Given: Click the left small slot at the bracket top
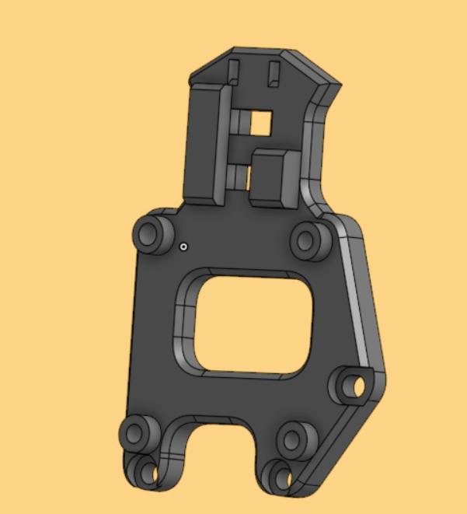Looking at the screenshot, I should [x=232, y=71].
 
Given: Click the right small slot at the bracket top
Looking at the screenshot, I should [x=272, y=73].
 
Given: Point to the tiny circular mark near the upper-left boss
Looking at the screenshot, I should [x=183, y=247].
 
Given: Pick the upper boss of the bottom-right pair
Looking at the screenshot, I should [x=292, y=439].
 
